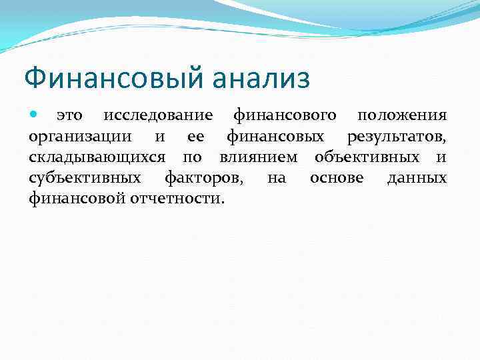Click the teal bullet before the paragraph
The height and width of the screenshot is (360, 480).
point(35,115)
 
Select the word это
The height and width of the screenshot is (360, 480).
point(69,115)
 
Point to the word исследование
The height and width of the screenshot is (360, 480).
point(158,115)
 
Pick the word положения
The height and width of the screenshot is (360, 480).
point(402,115)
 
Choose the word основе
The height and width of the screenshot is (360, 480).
point(337,178)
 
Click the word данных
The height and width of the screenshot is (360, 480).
point(417,178)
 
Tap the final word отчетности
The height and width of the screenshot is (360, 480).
point(181,199)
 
